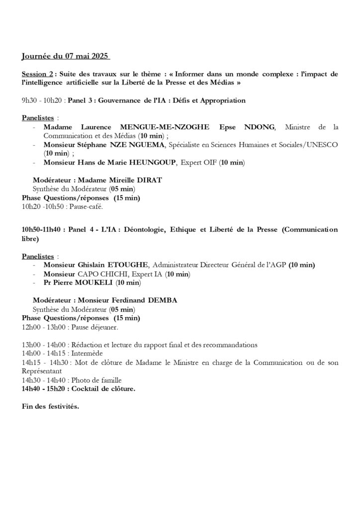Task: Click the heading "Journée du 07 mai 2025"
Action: pos(66,55)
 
